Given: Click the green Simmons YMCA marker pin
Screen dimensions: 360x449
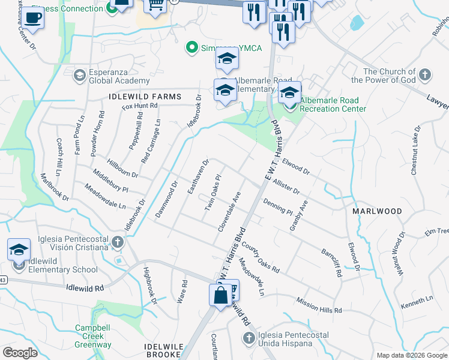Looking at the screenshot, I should point(192,47).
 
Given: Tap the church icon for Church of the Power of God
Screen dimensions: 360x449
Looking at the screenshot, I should point(425,76).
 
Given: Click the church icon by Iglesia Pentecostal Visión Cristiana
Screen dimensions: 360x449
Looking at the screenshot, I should point(118,242).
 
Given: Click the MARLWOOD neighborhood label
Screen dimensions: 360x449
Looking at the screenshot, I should point(378,211).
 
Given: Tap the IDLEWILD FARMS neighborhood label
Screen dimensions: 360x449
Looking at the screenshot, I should point(145,96).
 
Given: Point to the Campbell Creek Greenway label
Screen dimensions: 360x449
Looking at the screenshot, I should point(93,336).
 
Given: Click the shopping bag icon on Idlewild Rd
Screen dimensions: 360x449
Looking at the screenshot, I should point(220,295).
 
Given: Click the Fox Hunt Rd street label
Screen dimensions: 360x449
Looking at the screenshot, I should point(140,106).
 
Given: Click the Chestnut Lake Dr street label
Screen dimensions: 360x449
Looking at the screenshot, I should point(415,151).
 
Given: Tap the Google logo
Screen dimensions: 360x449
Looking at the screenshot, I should point(20,353).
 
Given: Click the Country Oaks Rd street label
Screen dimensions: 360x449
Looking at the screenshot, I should point(260,257).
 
